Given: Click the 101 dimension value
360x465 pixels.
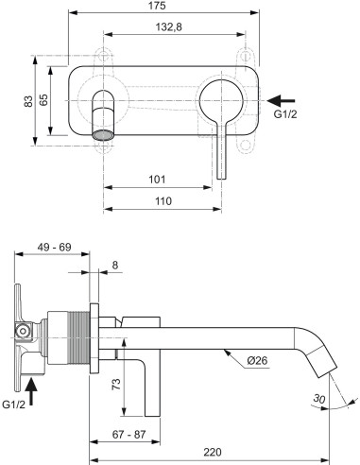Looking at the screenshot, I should [x=159, y=178].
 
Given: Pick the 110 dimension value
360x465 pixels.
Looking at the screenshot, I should [x=163, y=200].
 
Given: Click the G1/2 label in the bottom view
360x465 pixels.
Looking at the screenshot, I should [x=15, y=404].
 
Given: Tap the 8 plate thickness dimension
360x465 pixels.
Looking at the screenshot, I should [x=114, y=267].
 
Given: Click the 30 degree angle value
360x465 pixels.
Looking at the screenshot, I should [x=322, y=401].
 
